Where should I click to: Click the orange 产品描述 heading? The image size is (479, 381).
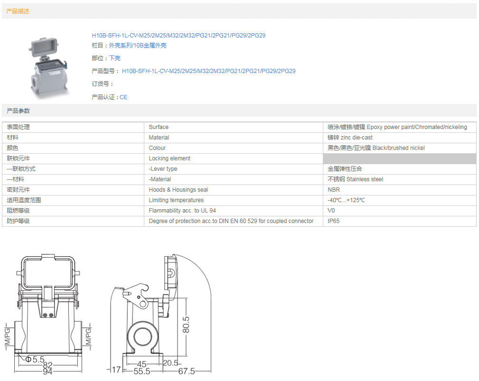18,11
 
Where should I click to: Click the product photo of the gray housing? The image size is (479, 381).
48,67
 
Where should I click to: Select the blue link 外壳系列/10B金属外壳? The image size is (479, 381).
138,46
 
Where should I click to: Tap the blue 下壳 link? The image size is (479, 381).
114,58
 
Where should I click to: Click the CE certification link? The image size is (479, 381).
123,97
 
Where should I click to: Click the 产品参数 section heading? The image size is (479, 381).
19,111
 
